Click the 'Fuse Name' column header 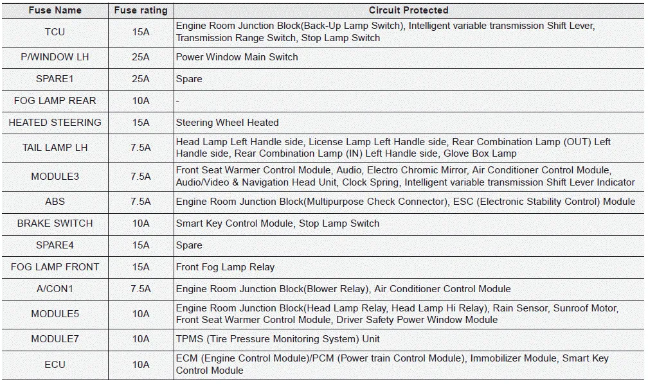click(55, 10)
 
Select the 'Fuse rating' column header click(141, 10)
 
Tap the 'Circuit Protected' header click(408, 10)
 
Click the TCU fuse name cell click(55, 32)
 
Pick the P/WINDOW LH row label click(55, 57)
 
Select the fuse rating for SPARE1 click(141, 79)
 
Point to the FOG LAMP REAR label click(55, 101)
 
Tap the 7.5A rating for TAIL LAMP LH click(141, 148)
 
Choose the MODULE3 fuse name click(55, 177)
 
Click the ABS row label click(55, 202)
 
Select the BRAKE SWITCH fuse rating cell click(141, 223)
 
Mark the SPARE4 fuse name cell click(55, 245)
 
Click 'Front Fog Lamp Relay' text click(225, 267)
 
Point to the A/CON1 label click(55, 289)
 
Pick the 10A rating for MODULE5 click(141, 314)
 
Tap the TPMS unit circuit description click(278, 339)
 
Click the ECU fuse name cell click(55, 365)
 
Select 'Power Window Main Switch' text click(237, 57)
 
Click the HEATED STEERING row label click(55, 123)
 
